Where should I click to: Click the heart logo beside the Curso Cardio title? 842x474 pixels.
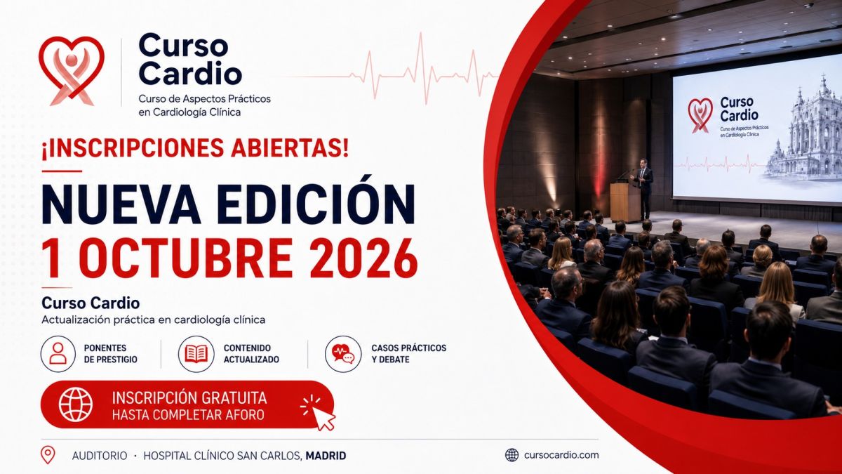click(72, 70)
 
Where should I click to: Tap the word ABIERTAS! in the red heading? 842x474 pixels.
click(290, 148)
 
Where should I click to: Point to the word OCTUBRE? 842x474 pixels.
click(186, 258)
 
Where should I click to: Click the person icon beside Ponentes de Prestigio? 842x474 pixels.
click(58, 354)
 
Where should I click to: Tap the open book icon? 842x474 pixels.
click(196, 354)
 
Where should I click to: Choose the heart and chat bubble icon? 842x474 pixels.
click(343, 354)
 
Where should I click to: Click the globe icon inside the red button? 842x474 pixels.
click(76, 404)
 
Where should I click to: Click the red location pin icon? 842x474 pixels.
click(48, 454)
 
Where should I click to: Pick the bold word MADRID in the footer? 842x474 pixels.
click(326, 456)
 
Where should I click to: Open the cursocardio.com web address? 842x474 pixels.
click(561, 455)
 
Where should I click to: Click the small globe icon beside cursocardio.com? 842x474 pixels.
click(512, 455)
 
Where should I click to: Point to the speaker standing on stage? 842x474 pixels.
click(643, 188)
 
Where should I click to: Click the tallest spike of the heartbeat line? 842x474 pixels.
click(421, 67)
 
